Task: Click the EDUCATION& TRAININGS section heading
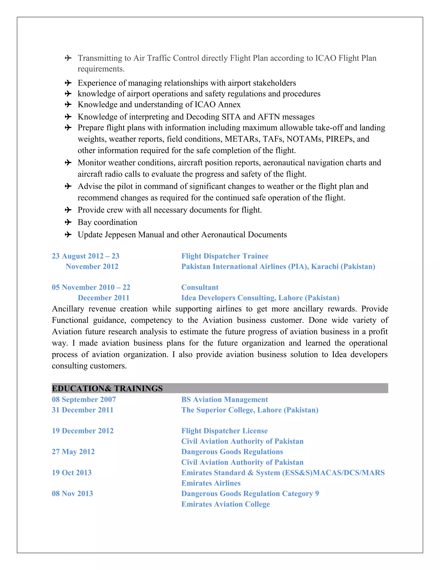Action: click(x=107, y=388)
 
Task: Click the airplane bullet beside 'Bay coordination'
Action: click(x=68, y=222)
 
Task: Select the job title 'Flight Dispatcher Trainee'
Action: click(x=225, y=256)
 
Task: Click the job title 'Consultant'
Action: click(x=200, y=287)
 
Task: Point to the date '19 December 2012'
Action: click(x=83, y=431)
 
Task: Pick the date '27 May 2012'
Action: click(x=73, y=451)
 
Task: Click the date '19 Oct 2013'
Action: click(x=72, y=472)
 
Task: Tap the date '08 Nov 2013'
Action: click(x=72, y=493)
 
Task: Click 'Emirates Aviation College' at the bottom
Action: click(x=225, y=504)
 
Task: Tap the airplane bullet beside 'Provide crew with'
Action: click(x=68, y=210)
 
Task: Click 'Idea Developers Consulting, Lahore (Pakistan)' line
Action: click(x=260, y=298)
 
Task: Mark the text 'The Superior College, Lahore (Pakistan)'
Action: click(x=250, y=410)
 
